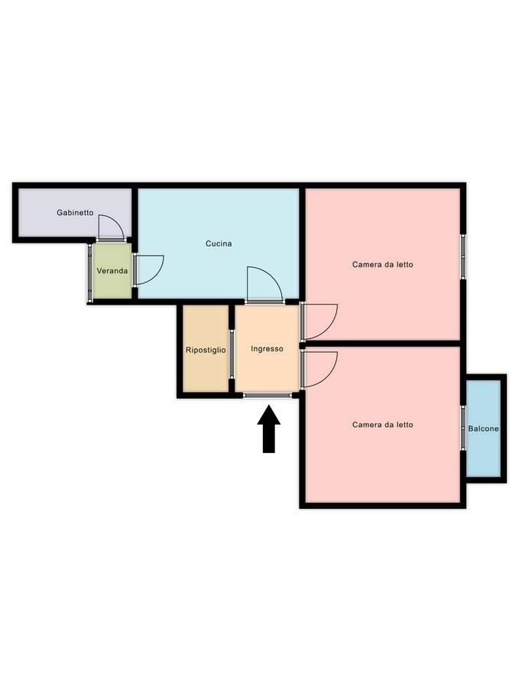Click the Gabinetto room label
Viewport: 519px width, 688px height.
(x=75, y=213)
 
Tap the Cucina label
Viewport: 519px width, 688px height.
(x=219, y=243)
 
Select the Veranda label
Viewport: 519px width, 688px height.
(x=112, y=271)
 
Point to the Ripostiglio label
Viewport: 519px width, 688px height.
(x=206, y=351)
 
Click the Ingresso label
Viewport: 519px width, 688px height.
(x=267, y=349)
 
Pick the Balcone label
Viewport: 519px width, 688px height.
(x=484, y=429)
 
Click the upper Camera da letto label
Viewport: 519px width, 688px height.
(x=383, y=265)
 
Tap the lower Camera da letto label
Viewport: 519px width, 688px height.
(x=383, y=425)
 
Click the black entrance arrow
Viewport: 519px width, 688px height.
(x=269, y=429)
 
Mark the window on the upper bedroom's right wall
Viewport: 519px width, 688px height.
(x=463, y=256)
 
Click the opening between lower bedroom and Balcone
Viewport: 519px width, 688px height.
(x=463, y=429)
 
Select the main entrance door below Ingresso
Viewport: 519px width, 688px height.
(x=268, y=396)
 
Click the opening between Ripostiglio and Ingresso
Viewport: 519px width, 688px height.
(x=232, y=354)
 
